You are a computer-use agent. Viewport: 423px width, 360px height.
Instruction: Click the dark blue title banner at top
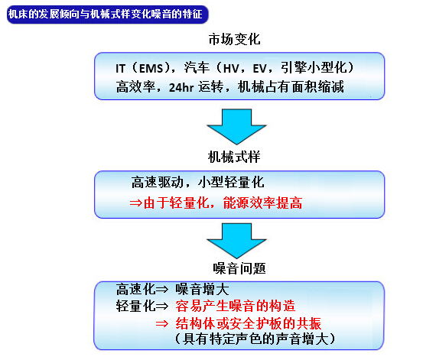(x=108, y=15)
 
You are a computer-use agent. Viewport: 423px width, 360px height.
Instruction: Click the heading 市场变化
(x=234, y=40)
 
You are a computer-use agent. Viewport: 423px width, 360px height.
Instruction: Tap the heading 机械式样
(x=234, y=157)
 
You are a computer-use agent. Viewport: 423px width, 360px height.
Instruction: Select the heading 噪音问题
(x=239, y=268)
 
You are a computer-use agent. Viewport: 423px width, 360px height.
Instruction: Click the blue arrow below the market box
(x=236, y=126)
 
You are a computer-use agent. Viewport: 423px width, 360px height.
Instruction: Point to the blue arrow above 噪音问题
(x=236, y=240)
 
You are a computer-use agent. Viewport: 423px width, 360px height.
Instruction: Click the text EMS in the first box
(x=151, y=69)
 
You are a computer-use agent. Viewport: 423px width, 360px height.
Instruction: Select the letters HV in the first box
(x=231, y=69)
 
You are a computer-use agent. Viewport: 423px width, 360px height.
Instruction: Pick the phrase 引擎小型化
(x=314, y=67)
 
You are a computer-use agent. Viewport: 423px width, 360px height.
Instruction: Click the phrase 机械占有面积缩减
(x=291, y=87)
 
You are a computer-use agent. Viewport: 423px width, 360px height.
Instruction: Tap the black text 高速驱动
(x=158, y=182)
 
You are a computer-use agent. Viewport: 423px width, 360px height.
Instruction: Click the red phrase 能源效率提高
(x=262, y=203)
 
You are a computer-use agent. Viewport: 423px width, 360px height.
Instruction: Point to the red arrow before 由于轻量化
(x=135, y=203)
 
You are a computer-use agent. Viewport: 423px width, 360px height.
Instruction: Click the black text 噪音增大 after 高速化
(x=202, y=290)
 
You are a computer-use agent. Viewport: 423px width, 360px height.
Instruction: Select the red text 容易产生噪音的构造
(x=236, y=306)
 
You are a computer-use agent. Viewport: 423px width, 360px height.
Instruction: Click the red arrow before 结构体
(x=162, y=323)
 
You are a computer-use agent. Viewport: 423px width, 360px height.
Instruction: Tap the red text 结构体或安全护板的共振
(x=249, y=323)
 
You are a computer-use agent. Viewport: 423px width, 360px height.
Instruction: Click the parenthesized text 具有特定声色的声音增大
(x=255, y=339)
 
